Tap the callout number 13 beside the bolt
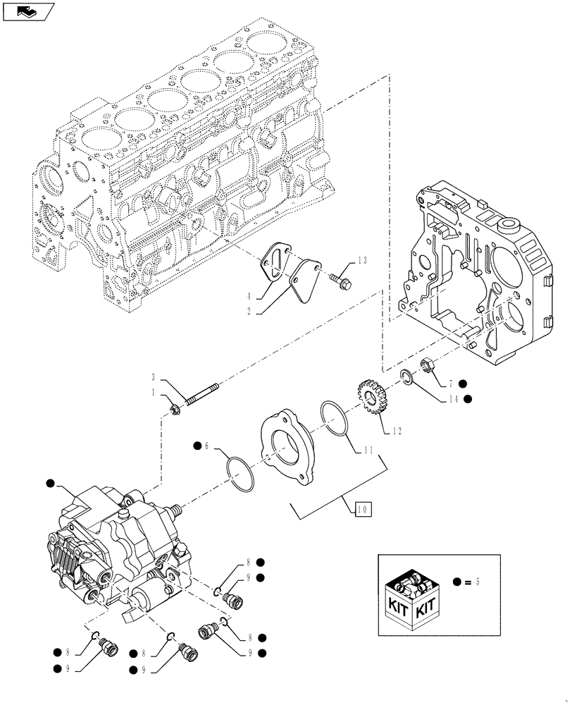click(362, 261)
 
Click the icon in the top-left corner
click(27, 11)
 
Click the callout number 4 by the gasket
click(249, 296)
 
